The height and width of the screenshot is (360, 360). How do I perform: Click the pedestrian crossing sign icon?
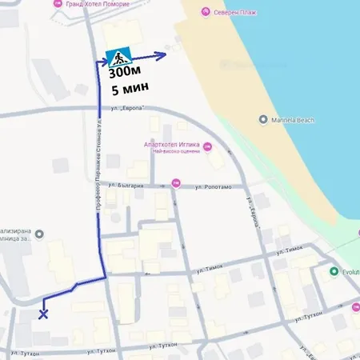(118, 58)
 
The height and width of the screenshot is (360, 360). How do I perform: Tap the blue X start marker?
(42, 313)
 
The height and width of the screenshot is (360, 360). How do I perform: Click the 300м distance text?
(122, 74)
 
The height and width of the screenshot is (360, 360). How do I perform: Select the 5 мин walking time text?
(126, 90)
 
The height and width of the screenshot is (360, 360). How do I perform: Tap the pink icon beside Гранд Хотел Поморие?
(56, 4)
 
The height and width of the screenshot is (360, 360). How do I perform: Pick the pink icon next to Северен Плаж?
(206, 12)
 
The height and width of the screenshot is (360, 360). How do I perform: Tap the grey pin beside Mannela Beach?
(263, 120)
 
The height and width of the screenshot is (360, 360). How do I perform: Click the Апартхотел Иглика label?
(170, 145)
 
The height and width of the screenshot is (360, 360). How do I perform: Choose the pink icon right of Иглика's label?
(208, 146)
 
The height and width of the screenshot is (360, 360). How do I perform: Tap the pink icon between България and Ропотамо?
(175, 184)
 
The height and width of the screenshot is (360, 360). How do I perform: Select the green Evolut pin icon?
(334, 271)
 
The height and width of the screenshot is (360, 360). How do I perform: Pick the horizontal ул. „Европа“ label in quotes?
(127, 108)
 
